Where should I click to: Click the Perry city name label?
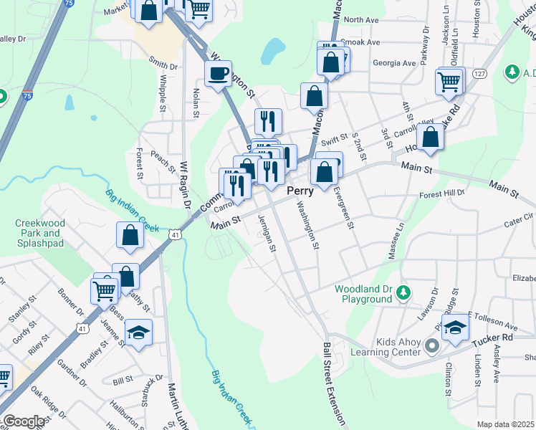pyautogui.click(x=300, y=191)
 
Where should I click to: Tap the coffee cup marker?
pyautogui.click(x=218, y=72)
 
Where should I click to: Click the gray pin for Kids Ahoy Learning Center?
pyautogui.click(x=431, y=347)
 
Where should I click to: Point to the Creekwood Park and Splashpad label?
pyautogui.click(x=40, y=233)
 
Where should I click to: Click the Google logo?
pyautogui.click(x=24, y=421)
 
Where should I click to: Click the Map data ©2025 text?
pyautogui.click(x=505, y=424)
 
